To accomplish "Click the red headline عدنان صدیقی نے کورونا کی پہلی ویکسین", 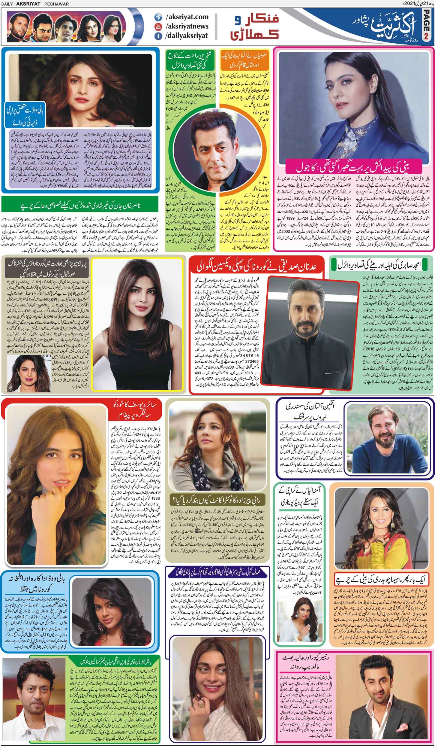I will [x=256, y=267].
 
